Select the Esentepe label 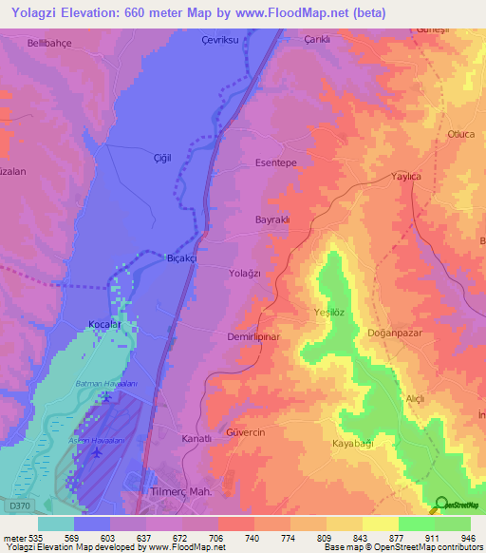pos(277,163)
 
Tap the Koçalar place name pos(104,325)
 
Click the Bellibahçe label pos(50,45)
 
